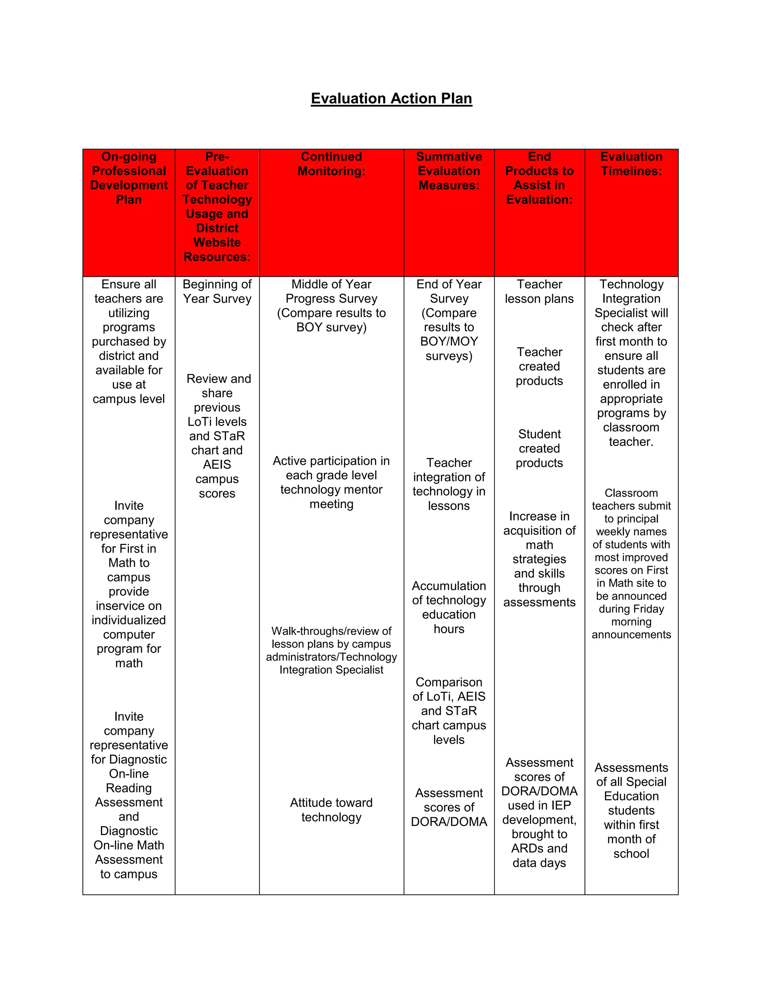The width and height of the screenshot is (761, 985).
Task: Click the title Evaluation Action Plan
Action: pos(391,98)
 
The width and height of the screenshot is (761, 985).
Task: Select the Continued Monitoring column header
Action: pos(331,164)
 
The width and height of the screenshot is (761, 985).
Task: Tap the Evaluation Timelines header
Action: pos(631,164)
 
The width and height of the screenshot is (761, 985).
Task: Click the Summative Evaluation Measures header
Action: pos(449,171)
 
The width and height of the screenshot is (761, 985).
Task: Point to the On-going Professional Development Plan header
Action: pos(129,178)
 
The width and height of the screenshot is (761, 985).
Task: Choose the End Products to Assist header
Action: pos(539,178)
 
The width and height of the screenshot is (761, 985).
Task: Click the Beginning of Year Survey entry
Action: pos(217,291)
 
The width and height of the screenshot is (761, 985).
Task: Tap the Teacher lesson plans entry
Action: pos(539,291)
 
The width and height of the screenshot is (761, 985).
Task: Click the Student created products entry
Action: pos(539,448)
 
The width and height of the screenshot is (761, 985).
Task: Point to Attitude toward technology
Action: pos(331,810)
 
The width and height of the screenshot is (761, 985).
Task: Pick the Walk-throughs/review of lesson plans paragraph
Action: pos(331,650)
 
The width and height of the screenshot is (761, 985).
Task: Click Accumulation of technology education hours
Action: pos(449,607)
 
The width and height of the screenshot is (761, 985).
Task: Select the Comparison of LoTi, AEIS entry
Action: pos(449,710)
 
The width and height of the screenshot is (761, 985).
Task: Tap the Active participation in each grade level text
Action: pos(331,482)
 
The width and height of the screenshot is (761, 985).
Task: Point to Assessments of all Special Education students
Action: pos(631,810)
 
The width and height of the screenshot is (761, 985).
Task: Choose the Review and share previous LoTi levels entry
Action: pos(217,436)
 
